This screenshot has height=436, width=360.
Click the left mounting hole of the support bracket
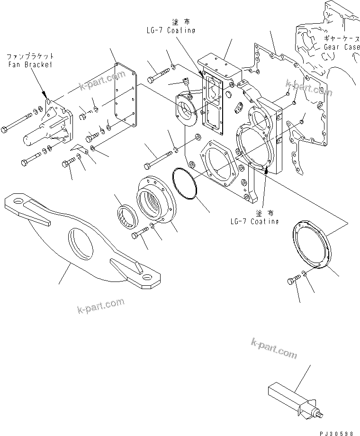[18, 203]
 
